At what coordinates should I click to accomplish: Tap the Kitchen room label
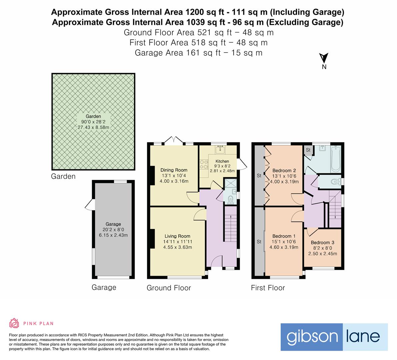point(222,161)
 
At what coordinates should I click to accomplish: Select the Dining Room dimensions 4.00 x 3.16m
point(174,181)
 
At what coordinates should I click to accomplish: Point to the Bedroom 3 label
point(322,242)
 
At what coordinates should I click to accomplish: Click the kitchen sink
point(220,150)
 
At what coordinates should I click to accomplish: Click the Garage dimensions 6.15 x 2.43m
point(113,235)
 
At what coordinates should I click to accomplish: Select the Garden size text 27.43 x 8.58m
point(93,127)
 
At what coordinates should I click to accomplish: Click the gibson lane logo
point(334,337)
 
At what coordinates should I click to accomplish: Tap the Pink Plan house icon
point(14,323)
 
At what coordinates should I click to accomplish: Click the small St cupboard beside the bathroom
point(308,150)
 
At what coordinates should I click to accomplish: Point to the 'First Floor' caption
point(268,288)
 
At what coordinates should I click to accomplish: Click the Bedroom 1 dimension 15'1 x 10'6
point(284,242)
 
